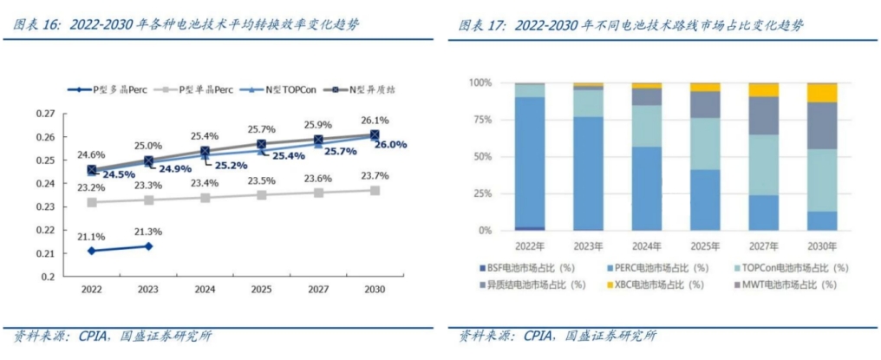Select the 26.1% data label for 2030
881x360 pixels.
[375, 121]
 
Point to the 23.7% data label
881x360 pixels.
[375, 176]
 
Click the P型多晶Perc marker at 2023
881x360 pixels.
[147, 245]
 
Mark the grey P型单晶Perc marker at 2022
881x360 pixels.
[91, 202]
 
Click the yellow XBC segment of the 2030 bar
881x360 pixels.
[822, 93]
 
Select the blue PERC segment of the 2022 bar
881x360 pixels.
[530, 161]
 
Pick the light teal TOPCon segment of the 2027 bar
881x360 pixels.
[763, 165]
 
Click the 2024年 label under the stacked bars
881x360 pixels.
[647, 245]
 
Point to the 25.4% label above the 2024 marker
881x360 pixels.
[205, 137]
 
